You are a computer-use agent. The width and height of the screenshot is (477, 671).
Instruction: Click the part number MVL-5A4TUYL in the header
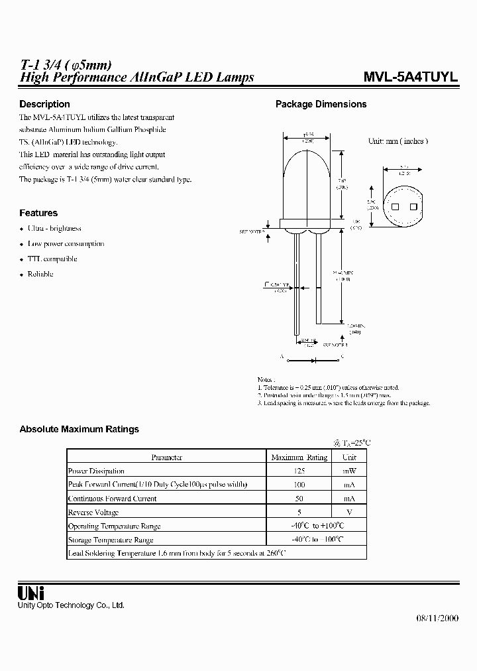[x=411, y=77]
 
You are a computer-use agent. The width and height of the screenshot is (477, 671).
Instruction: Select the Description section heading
[x=44, y=104]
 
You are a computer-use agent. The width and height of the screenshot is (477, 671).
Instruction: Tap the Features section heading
[x=38, y=213]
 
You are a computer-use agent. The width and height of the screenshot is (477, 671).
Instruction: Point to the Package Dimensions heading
[x=321, y=104]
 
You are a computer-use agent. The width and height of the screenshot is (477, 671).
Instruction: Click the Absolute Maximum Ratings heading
[x=79, y=429]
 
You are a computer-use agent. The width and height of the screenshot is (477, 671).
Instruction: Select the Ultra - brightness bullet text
[x=54, y=228]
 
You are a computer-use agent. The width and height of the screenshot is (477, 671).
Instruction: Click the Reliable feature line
[x=40, y=274]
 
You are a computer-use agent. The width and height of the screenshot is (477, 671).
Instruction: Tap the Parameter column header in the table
[x=166, y=457]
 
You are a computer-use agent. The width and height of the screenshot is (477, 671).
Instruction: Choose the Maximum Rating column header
[x=299, y=457]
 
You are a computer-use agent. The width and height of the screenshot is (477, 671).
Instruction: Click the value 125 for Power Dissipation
[x=299, y=471]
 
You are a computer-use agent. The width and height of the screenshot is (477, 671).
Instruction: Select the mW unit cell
[x=349, y=471]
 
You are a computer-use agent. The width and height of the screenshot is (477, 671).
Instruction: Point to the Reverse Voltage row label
[x=93, y=512]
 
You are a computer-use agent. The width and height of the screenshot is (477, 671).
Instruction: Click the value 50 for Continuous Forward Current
[x=299, y=498]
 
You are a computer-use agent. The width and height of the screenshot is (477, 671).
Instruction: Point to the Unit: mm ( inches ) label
[x=398, y=141]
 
